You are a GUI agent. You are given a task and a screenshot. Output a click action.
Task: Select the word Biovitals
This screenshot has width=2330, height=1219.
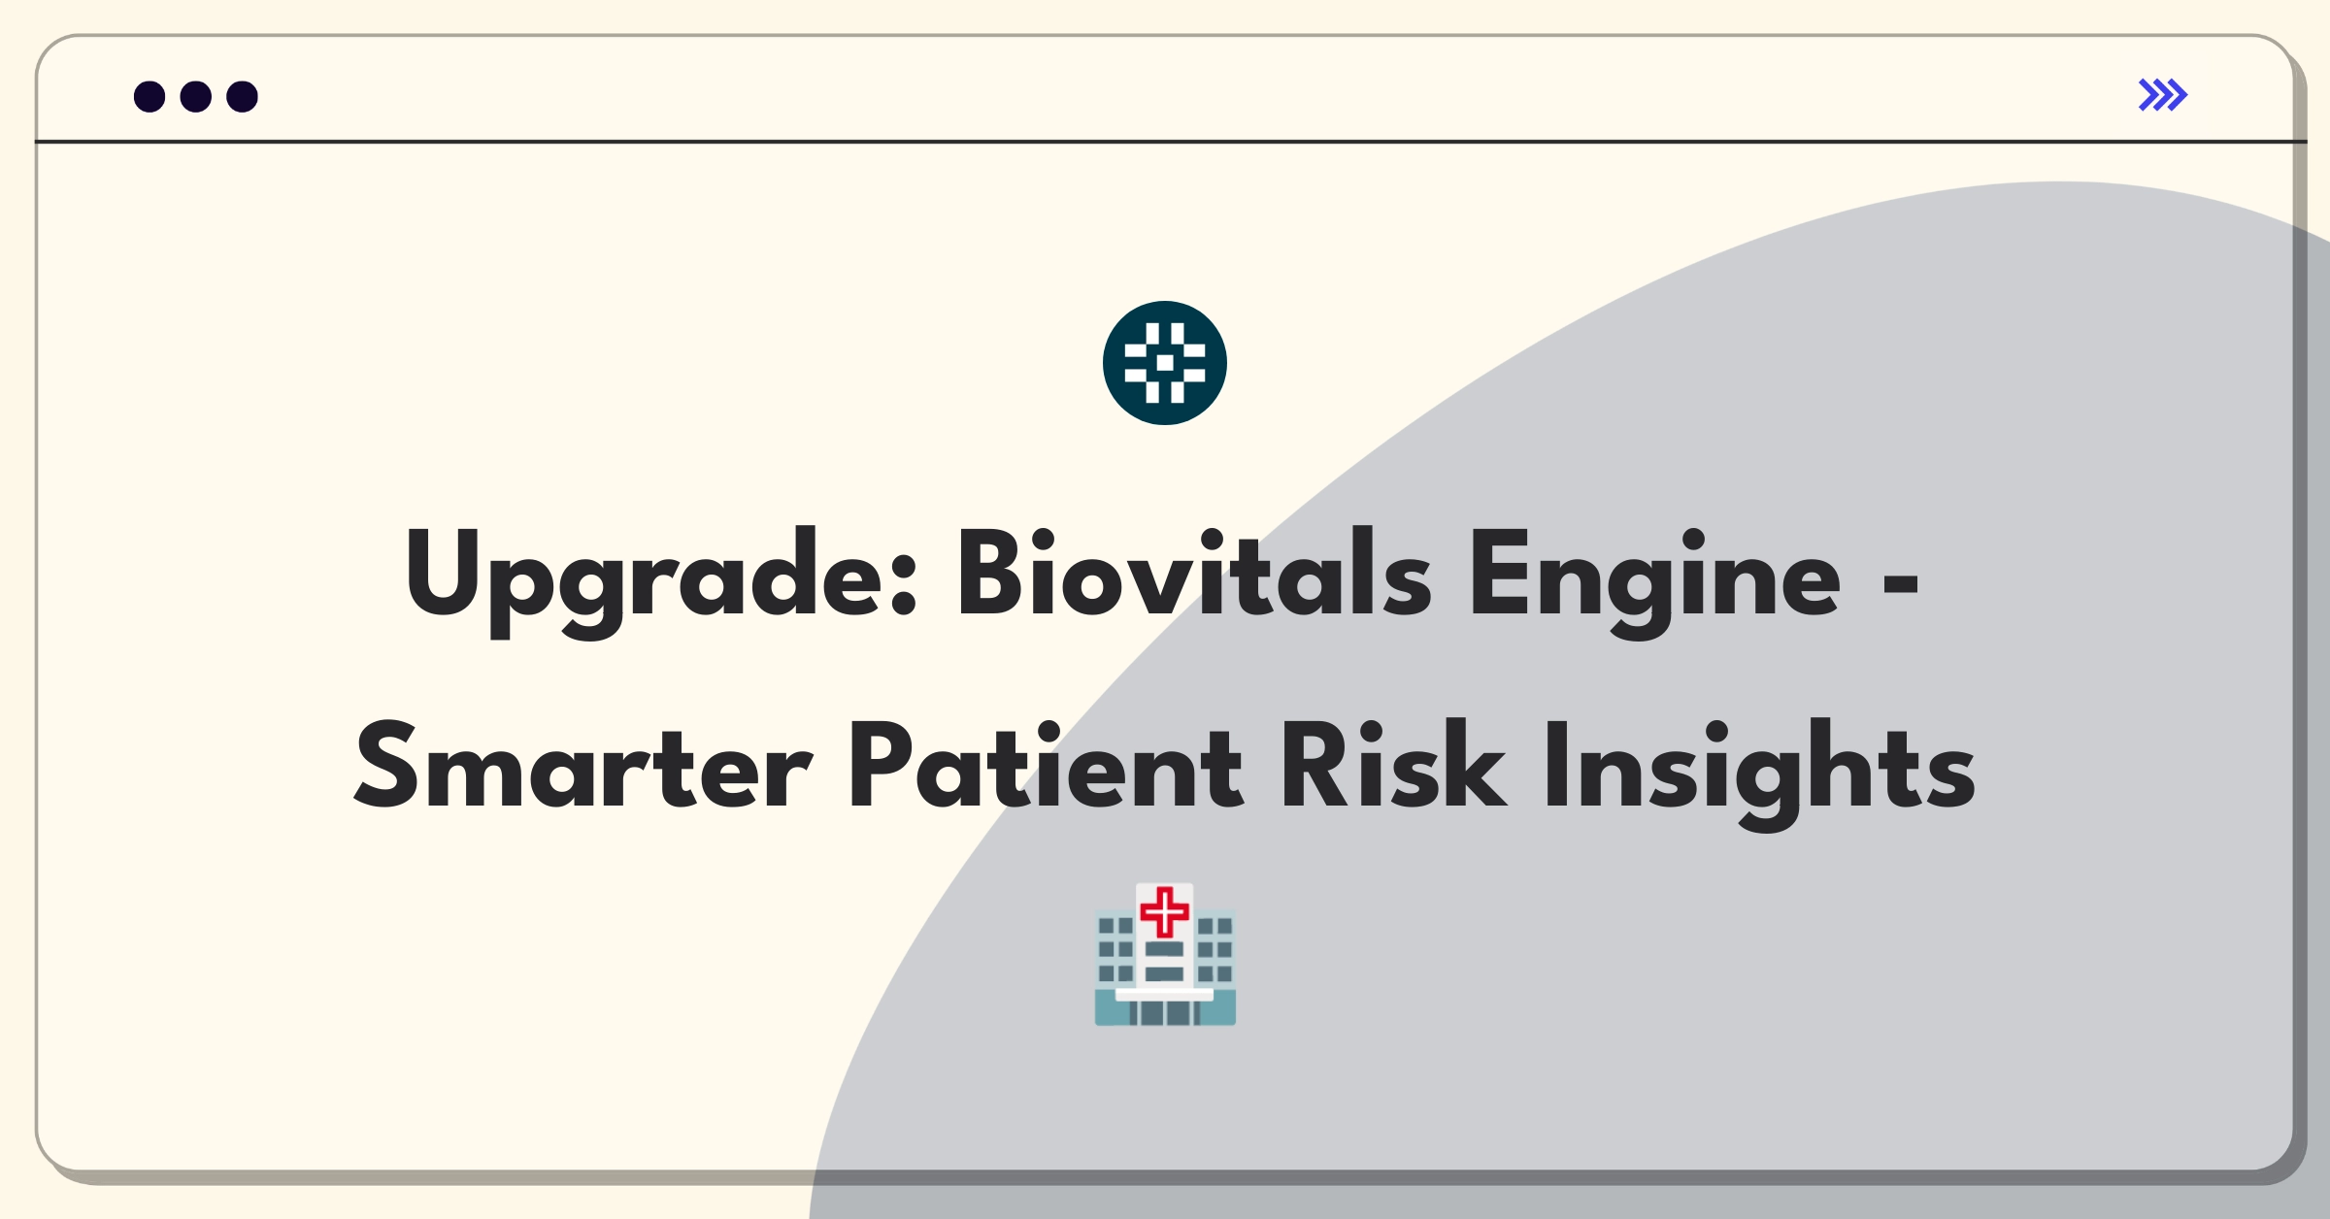[x=1194, y=573]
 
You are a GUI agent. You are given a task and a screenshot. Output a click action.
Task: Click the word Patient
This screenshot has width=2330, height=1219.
[x=1047, y=766]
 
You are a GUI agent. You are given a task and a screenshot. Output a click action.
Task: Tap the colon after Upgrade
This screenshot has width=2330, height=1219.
[x=903, y=585]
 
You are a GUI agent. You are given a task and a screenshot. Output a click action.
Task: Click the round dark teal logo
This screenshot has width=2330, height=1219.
[x=1165, y=363]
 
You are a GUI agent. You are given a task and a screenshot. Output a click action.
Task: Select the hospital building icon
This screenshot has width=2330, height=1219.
[x=1165, y=954]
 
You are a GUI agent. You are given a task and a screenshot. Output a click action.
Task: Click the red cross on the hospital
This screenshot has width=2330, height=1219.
[x=1165, y=911]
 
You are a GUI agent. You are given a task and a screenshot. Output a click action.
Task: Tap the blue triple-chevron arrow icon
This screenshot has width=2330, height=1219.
[x=2163, y=95]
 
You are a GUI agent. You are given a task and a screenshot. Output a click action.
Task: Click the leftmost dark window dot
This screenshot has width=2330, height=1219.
[x=150, y=96]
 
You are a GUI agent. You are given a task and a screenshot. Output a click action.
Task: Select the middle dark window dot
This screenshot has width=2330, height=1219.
[x=196, y=96]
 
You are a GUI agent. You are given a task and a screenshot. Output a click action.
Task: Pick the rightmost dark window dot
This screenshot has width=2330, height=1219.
[x=243, y=96]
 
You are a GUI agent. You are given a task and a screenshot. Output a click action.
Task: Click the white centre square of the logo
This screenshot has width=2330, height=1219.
[x=1165, y=363]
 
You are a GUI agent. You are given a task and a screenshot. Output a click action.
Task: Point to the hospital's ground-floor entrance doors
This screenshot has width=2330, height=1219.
[x=1165, y=1013]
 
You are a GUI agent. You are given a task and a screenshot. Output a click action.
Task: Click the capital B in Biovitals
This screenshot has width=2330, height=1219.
[x=991, y=573]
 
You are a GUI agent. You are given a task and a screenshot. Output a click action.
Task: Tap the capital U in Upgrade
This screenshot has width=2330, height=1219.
[x=444, y=574]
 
